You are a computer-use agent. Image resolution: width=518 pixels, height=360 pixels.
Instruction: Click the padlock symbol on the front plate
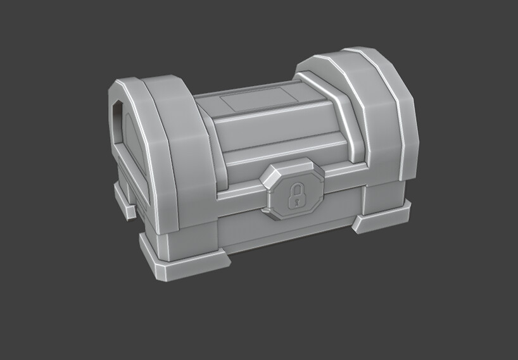tap(295, 196)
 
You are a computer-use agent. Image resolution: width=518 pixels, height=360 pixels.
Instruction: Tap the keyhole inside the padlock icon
tap(295, 200)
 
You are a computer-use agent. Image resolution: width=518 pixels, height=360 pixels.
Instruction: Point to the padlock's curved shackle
tap(295, 188)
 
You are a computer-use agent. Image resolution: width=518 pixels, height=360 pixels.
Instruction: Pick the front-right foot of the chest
tap(382, 218)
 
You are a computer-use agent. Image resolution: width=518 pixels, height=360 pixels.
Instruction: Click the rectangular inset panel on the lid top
tap(258, 100)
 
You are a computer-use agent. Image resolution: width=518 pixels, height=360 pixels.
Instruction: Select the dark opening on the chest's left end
tap(117, 111)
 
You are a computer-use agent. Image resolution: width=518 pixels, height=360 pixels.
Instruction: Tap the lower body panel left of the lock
tap(241, 221)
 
